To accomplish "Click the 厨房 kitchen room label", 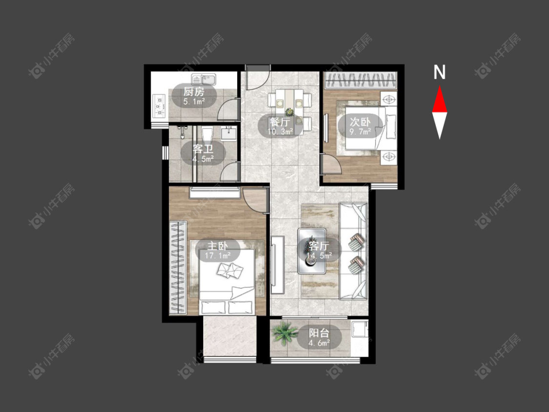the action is (x=194, y=92).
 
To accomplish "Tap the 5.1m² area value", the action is (x=194, y=102).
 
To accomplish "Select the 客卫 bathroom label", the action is (x=203, y=149).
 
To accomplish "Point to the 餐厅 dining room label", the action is (x=280, y=122).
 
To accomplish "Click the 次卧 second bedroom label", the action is (x=360, y=122).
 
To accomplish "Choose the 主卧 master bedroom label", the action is (x=218, y=246).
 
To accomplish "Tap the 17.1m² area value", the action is (x=218, y=256).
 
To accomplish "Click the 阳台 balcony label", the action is (x=319, y=332).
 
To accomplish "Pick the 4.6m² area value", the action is (x=319, y=343).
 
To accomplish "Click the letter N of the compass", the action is (x=439, y=72).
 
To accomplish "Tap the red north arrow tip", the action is (x=439, y=87).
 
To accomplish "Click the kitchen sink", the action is (x=204, y=79).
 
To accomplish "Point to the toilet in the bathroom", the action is (x=207, y=134).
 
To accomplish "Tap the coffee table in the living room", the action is (x=312, y=251).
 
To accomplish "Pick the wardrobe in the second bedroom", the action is (x=361, y=80).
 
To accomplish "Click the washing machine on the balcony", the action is (x=360, y=330).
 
